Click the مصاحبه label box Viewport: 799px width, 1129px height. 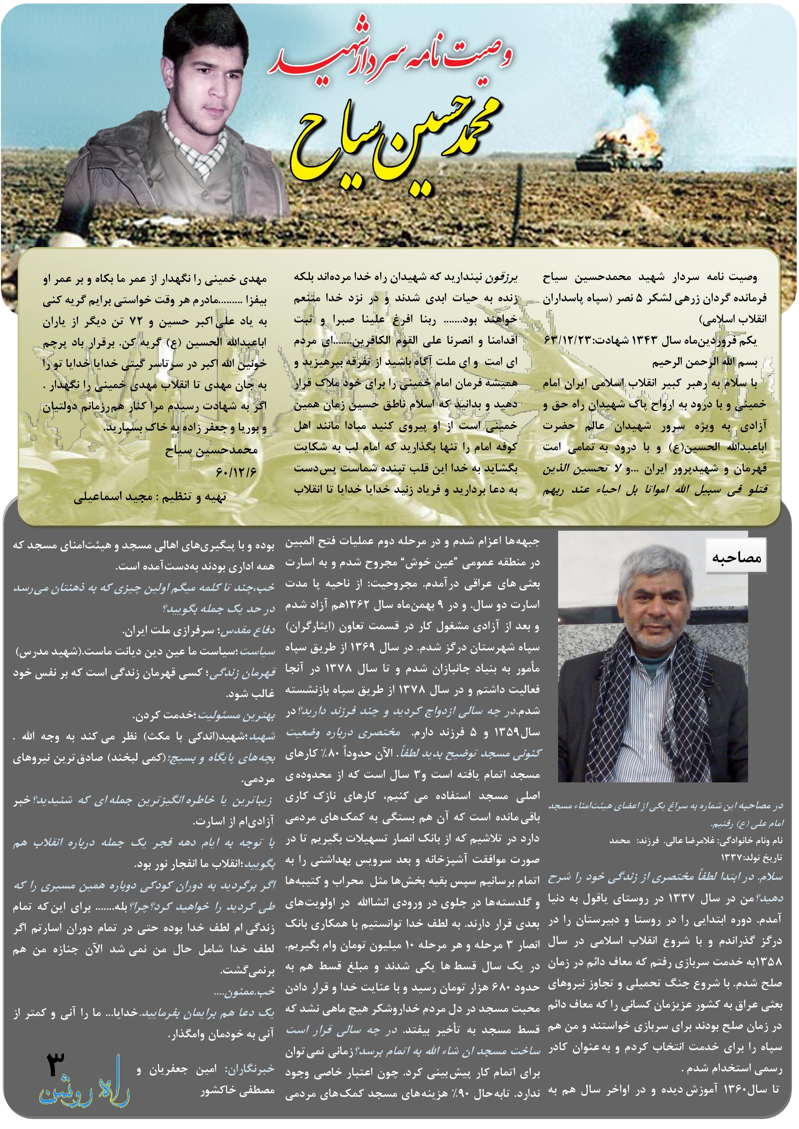[x=736, y=557]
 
